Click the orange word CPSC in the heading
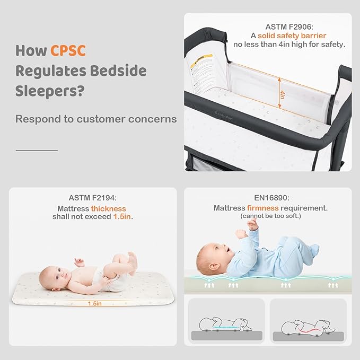68,51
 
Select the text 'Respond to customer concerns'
96,119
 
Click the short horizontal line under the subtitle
37,150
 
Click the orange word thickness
108,209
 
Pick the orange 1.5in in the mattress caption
122,217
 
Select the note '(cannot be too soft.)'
270,217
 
